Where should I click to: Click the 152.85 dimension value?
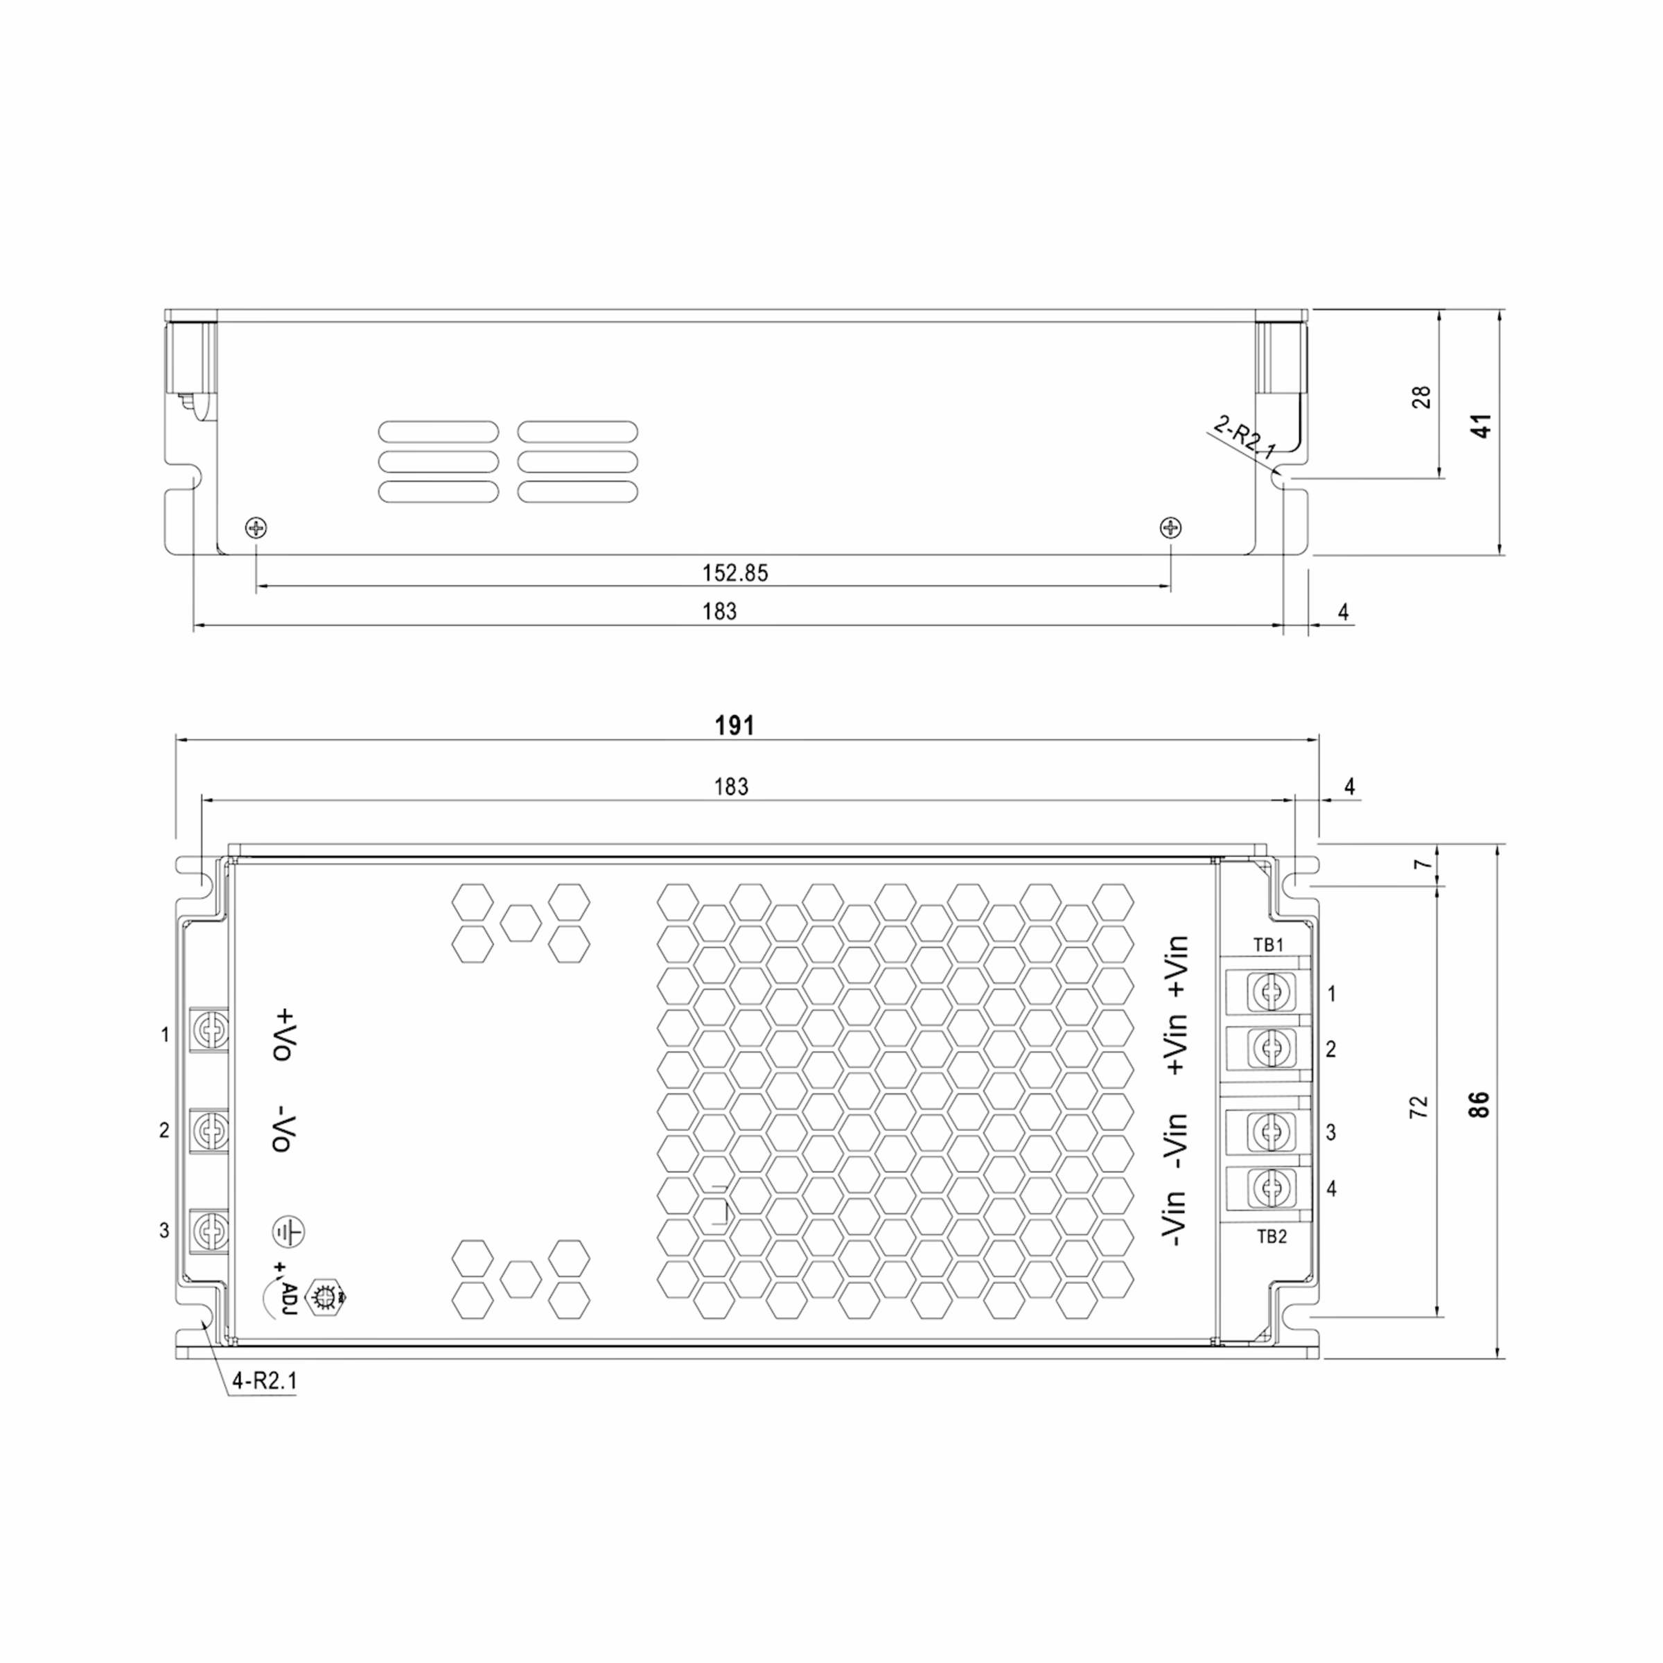point(734,573)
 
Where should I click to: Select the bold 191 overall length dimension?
point(734,725)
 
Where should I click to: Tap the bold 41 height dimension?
point(1482,426)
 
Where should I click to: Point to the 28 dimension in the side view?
point(1422,397)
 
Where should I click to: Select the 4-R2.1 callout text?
point(264,1382)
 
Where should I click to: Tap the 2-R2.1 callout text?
point(1244,437)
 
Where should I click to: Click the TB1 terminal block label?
point(1268,945)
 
